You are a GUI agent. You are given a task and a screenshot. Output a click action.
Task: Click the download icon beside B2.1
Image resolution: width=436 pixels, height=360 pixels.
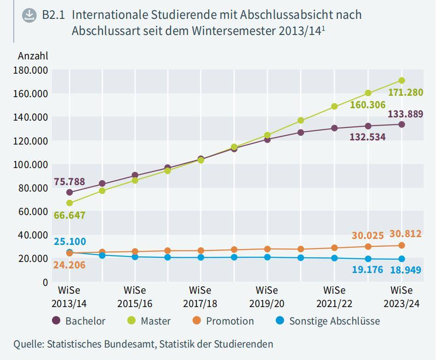(x=29, y=15)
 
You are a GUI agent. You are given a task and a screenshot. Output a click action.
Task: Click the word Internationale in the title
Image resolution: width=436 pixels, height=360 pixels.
(x=110, y=15)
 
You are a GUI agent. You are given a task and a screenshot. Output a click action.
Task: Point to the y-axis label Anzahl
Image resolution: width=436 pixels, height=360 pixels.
(x=33, y=56)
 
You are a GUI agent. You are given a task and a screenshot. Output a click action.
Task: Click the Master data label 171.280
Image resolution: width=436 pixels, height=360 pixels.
(x=405, y=93)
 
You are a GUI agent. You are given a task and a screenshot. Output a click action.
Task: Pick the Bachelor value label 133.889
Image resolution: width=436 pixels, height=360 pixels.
(x=405, y=114)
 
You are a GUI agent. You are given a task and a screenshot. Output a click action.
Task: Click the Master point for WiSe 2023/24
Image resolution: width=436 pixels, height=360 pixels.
(x=402, y=81)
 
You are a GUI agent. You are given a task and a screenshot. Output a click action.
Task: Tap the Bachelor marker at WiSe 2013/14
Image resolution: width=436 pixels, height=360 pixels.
(x=69, y=192)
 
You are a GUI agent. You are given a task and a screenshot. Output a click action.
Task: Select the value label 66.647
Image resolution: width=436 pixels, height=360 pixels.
(x=69, y=215)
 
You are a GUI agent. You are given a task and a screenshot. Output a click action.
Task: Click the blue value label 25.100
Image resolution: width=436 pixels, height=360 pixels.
(x=69, y=242)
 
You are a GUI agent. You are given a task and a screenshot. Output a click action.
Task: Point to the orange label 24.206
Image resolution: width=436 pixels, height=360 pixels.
(x=69, y=265)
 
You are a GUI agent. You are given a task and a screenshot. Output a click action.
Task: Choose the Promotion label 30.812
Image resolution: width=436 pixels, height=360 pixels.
(x=405, y=234)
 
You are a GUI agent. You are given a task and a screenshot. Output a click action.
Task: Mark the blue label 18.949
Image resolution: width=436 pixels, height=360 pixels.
(x=405, y=270)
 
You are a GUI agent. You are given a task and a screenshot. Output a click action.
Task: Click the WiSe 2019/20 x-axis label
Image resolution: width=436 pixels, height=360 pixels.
(x=267, y=297)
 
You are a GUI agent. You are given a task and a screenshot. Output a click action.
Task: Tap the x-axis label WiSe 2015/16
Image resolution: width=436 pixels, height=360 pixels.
(x=135, y=297)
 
